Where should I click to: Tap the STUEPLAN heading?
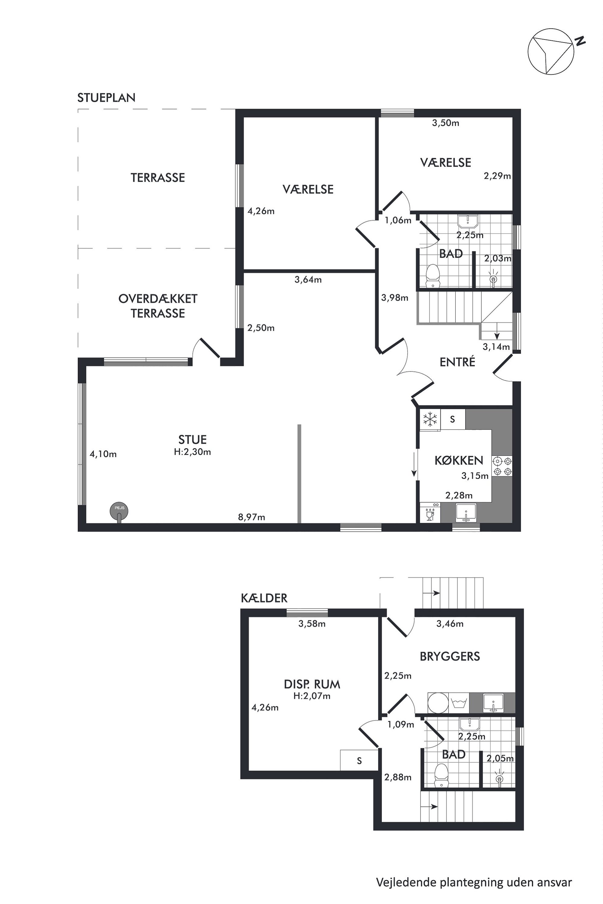pos(106,98)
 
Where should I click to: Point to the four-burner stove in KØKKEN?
pos(502,466)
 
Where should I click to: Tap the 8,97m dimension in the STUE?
pos(252,517)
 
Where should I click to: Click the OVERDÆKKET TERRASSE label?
pos(158,306)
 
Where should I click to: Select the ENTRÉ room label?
pos(457,362)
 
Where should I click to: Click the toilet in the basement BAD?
pos(441,775)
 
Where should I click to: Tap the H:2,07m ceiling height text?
pos(312,696)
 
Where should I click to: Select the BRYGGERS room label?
pos(450,656)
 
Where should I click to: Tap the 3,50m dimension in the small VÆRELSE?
pos(446,123)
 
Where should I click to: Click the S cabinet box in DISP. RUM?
pos(359,760)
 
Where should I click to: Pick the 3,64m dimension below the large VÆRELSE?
pos(308,280)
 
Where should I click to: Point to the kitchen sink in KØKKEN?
pos(466,512)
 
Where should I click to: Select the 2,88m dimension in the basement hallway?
pos(398,777)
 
